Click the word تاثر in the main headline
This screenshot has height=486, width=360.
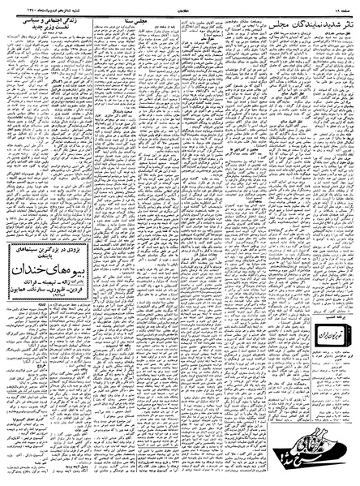coord(345,23)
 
